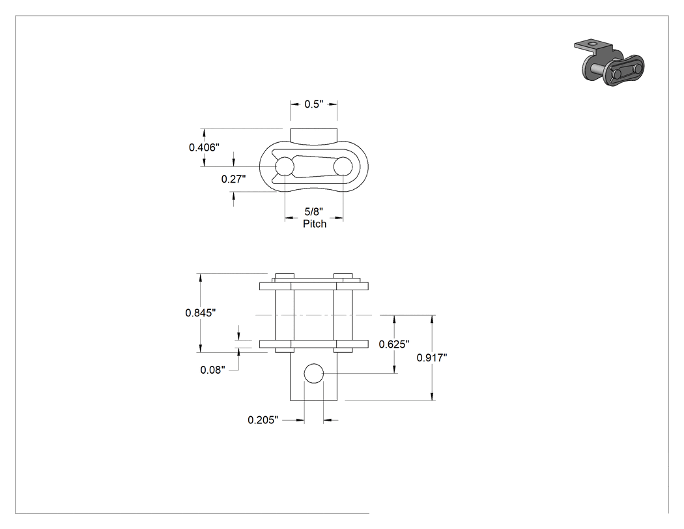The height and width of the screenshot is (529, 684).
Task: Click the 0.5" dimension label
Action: click(313, 104)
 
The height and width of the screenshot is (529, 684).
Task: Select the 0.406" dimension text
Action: click(204, 147)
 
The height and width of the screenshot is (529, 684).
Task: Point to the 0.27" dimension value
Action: click(233, 179)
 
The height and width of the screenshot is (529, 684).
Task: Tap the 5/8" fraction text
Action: click(313, 212)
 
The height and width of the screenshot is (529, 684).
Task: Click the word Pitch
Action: click(315, 224)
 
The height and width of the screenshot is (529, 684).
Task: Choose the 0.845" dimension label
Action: click(201, 313)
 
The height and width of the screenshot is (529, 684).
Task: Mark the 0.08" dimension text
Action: click(213, 370)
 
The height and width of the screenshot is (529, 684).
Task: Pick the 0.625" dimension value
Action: click(394, 344)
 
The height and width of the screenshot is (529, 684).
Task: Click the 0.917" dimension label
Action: click(432, 357)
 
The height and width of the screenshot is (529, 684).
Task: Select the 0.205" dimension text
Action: click(263, 420)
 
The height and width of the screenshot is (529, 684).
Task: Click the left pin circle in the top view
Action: click(285, 166)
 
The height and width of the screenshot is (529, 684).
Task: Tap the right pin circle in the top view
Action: click(343, 166)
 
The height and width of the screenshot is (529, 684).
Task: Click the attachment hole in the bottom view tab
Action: click(313, 373)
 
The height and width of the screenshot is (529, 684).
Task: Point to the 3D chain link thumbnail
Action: click(609, 63)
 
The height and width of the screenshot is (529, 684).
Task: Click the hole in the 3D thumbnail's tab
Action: click(592, 44)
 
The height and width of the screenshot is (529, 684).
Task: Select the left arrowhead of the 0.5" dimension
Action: click(294, 104)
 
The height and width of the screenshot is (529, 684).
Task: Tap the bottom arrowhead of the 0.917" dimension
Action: click(432, 397)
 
